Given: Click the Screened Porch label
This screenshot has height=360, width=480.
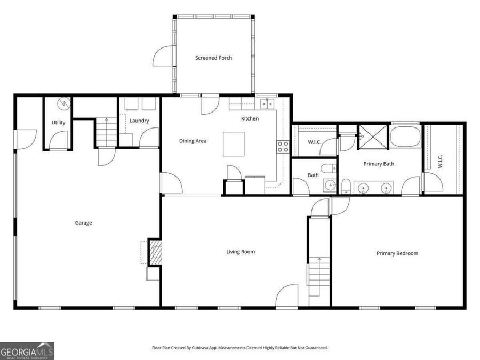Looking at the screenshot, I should pyautogui.click(x=213, y=58).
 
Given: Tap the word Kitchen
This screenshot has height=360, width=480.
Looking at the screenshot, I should pyautogui.click(x=250, y=118).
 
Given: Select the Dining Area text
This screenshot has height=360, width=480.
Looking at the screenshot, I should pyautogui.click(x=193, y=141).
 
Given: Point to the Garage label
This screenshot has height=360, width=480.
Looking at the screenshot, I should pyautogui.click(x=83, y=223).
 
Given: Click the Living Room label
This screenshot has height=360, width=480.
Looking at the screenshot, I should pyautogui.click(x=241, y=251).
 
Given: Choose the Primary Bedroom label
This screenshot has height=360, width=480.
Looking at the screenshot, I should pyautogui.click(x=397, y=253).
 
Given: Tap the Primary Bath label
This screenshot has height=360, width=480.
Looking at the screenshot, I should pyautogui.click(x=379, y=164).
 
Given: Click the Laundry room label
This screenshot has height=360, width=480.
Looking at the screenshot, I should pyautogui.click(x=139, y=121).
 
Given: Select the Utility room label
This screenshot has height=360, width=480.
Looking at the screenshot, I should pyautogui.click(x=58, y=123).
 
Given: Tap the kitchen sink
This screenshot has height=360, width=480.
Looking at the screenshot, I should pyautogui.click(x=267, y=103).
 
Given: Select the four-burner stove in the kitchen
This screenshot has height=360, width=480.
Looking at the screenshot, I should pyautogui.click(x=283, y=146).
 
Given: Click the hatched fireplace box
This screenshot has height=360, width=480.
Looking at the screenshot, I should pyautogui.click(x=155, y=252).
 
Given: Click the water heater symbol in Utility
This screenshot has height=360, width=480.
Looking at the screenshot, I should pyautogui.click(x=63, y=102).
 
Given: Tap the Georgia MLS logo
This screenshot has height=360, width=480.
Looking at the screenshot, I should pyautogui.click(x=27, y=351).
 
